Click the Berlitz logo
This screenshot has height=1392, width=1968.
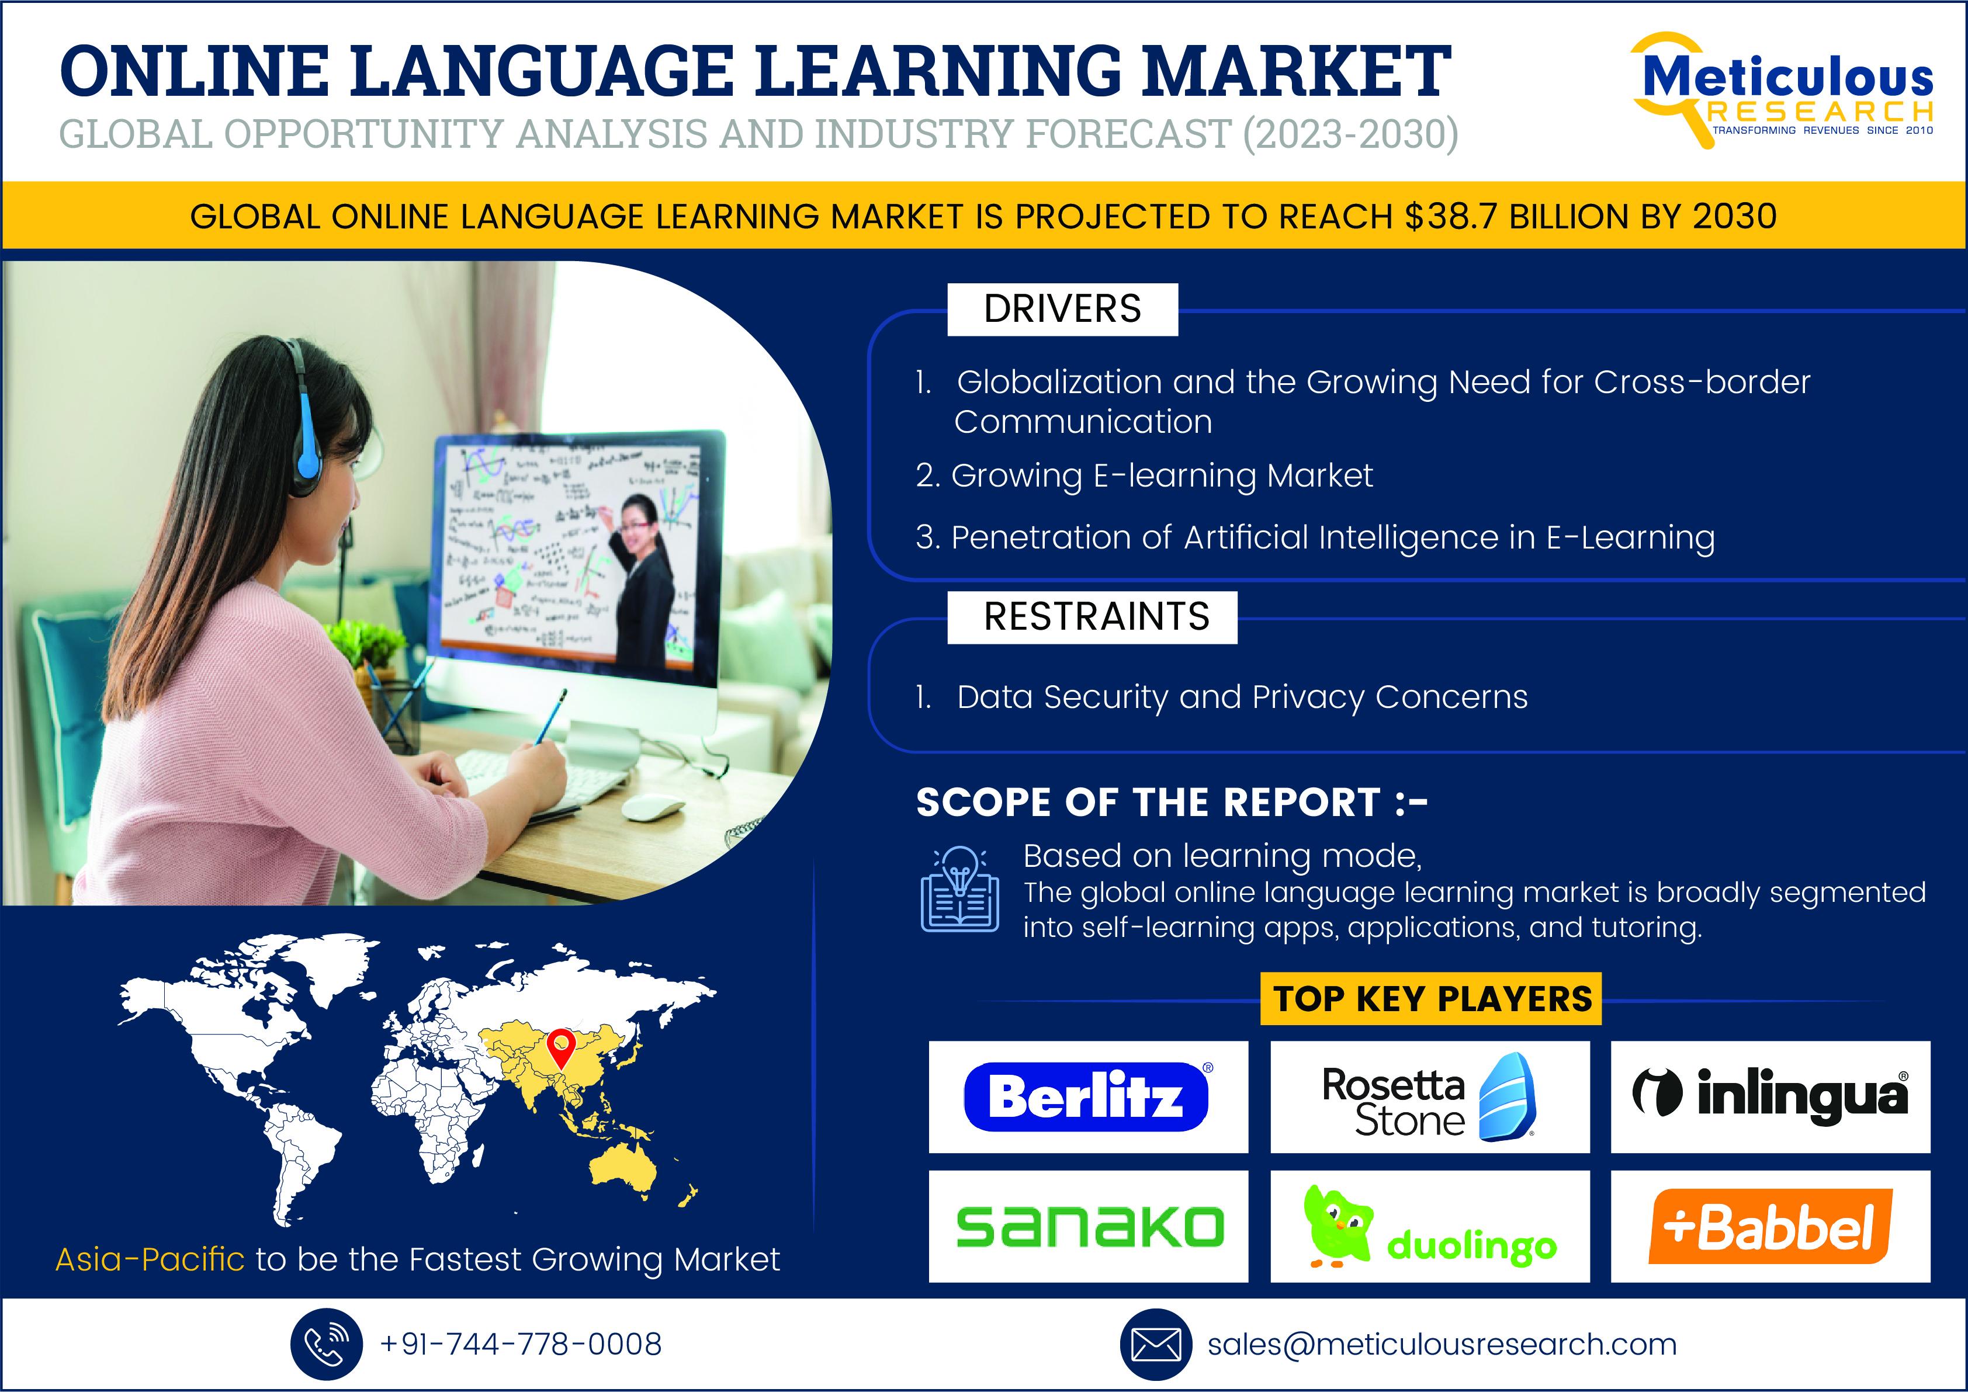(1086, 1096)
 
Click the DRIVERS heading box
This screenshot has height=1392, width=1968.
(1062, 310)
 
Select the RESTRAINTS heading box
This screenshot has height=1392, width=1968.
(1093, 617)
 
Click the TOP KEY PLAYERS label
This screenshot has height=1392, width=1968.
(1431, 998)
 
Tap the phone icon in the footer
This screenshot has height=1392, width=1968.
(326, 1344)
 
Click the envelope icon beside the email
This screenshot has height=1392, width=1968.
(1156, 1344)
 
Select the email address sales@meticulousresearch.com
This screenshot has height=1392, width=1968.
(1442, 1344)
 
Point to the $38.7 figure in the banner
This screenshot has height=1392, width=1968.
(1452, 217)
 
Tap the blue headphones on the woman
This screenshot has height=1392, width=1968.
(302, 420)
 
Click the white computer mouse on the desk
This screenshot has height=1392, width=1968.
(653, 807)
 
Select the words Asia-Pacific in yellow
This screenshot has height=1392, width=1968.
(150, 1259)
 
